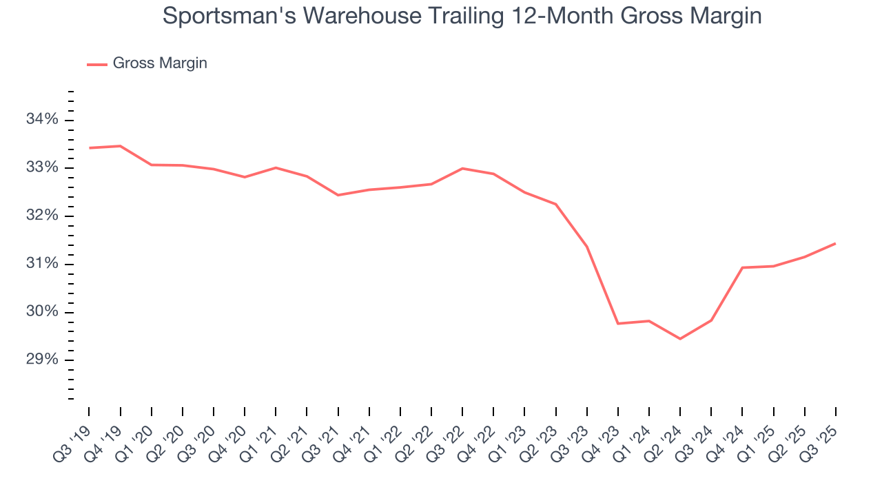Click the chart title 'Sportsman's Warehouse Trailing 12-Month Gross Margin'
[462, 16]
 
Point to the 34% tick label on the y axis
[42, 120]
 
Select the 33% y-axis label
[42, 168]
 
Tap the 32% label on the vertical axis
[42, 216]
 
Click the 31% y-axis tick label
[42, 265]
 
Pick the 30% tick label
[42, 312]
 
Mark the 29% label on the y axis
[42, 360]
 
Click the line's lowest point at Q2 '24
[680, 339]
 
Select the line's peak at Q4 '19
[121, 146]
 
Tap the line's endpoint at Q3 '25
[835, 243]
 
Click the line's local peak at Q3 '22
[462, 168]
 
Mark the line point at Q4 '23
[618, 323]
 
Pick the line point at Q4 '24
[742, 267]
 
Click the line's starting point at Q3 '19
[90, 147]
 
